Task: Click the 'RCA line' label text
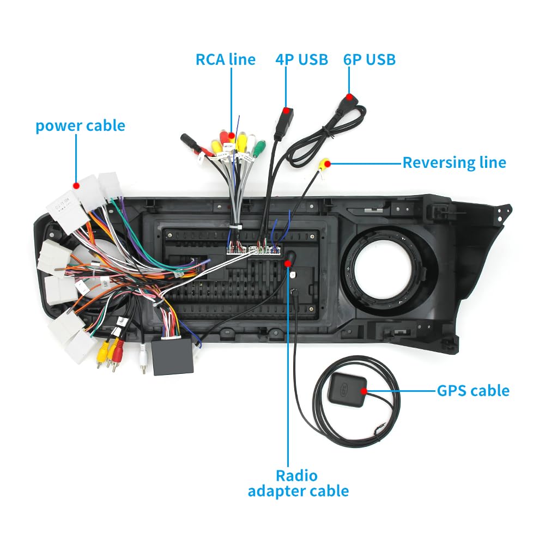225,59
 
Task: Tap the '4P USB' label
301,59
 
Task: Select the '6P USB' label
369,59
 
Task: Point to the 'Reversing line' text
454,162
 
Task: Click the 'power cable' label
80,126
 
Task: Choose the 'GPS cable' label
473,390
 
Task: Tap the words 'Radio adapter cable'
298,483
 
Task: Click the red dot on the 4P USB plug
286,111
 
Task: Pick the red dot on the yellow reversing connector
326,162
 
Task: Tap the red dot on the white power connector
76,185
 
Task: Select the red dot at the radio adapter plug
288,263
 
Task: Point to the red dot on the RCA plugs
232,135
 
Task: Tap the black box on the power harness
173,357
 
